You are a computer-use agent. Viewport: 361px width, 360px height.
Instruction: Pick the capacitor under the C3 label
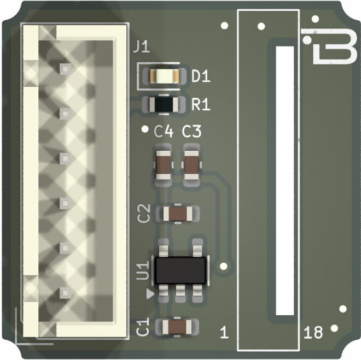[192, 163]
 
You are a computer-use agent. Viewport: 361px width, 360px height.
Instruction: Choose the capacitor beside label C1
[177, 327]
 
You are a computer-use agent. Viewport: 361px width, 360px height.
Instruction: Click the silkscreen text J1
[141, 48]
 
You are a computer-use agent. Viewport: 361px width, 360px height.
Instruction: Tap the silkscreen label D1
[201, 78]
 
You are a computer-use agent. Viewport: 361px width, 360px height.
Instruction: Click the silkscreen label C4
[164, 132]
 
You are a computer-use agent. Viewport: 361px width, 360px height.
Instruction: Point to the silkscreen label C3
[192, 132]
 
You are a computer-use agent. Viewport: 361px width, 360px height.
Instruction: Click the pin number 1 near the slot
[223, 332]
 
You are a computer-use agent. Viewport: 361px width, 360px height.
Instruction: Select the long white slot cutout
[285, 181]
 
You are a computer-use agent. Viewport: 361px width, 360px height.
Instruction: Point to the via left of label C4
[145, 129]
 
